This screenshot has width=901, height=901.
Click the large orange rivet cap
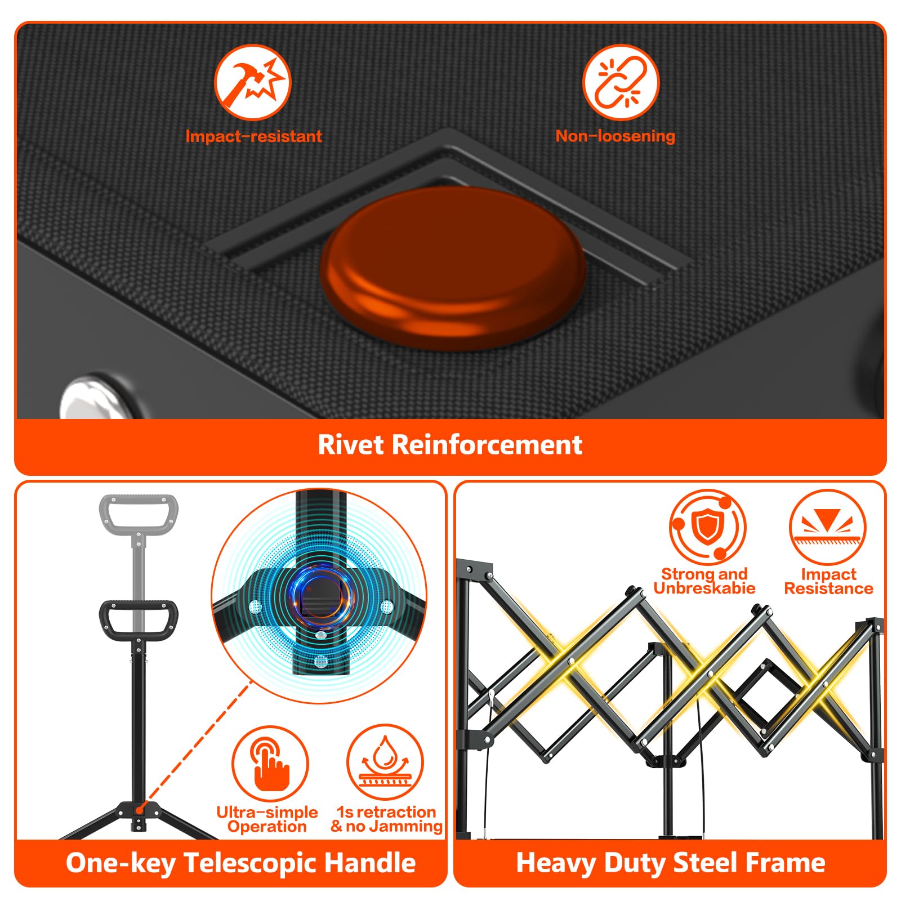click(453, 269)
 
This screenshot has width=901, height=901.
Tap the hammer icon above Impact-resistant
click(253, 82)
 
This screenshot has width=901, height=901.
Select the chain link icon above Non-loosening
click(621, 82)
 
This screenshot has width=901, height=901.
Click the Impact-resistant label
click(253, 136)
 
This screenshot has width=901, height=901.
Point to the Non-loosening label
click(615, 136)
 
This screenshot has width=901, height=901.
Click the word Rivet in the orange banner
click(351, 444)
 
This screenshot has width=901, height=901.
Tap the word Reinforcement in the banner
click(487, 444)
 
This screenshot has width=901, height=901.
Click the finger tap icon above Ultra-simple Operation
click(270, 764)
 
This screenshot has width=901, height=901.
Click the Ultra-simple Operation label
click(267, 819)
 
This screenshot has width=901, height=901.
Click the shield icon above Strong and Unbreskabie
click(708, 527)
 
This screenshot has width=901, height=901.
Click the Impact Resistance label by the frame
click(828, 581)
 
